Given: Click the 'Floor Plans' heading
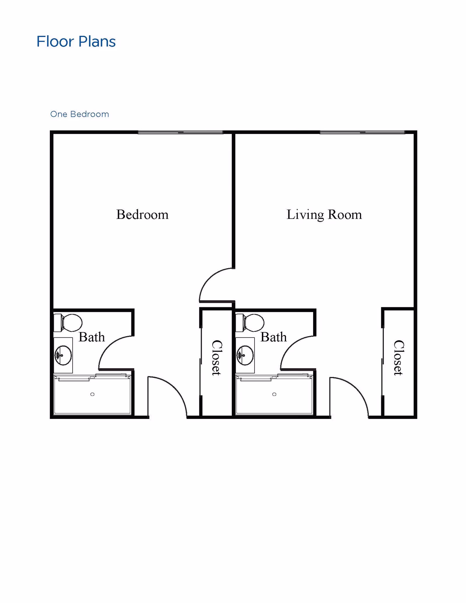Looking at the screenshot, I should coord(76,41).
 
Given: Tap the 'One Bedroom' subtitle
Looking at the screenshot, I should coord(80,114).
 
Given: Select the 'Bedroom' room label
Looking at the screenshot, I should coord(142,215).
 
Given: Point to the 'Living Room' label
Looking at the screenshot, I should coord(324,215).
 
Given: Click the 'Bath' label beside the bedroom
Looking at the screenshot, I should coord(92,337).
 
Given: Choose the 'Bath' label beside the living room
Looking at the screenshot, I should coord(273,337).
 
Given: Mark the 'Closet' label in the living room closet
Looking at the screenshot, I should coord(399,358).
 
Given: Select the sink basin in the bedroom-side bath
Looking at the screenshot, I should coord(63,355).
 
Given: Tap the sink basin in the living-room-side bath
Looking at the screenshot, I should coord(245,355).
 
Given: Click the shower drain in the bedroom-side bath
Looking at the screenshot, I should coord(92,394).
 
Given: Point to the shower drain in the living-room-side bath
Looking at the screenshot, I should coord(274,394).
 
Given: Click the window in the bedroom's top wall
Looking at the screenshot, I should coord(181,132).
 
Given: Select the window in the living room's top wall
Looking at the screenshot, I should coord(362,132).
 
